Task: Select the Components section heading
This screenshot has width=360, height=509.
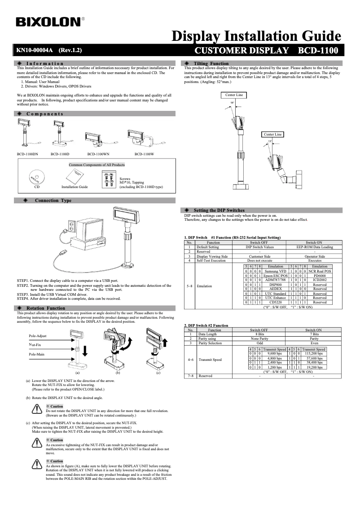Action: click(44, 114)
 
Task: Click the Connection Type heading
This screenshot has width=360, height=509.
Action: click(53, 201)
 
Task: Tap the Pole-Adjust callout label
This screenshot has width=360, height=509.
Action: click(37, 336)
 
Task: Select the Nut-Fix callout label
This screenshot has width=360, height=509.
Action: click(35, 345)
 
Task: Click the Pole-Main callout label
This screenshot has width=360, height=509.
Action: click(36, 354)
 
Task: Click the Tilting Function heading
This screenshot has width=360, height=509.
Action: click(211, 64)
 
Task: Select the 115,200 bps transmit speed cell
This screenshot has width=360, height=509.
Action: click(314, 354)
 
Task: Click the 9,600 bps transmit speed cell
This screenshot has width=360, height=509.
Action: click(274, 354)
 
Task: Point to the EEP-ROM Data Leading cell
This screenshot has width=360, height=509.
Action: click(315, 247)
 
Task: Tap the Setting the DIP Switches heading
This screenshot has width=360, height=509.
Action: click(219, 210)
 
